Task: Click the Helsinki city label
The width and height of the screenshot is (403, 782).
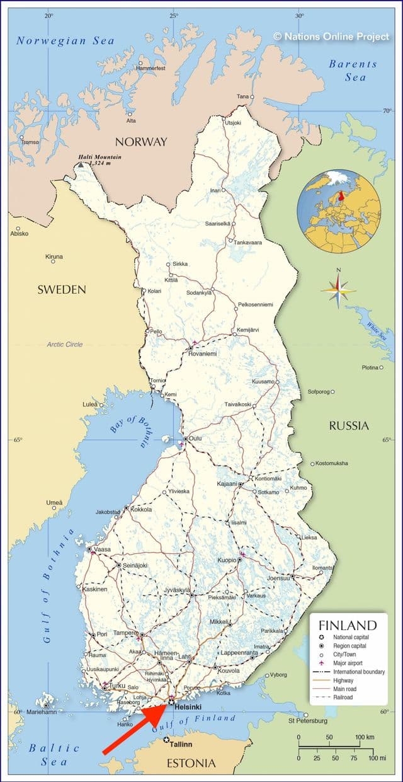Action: click(189, 708)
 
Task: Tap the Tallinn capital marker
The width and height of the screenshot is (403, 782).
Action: click(166, 740)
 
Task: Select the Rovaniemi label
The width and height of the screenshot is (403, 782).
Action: click(203, 354)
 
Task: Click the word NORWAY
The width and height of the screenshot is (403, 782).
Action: click(140, 141)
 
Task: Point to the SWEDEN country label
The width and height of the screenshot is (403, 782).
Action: click(61, 289)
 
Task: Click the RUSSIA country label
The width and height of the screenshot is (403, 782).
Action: click(349, 426)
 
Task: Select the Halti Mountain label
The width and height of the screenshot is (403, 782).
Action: click(100, 157)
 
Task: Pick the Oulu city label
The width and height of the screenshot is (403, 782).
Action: click(195, 439)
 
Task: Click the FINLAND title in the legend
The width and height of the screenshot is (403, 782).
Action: click(348, 626)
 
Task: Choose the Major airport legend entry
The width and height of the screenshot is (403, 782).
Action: click(356, 663)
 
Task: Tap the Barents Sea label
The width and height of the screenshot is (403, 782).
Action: click(353, 70)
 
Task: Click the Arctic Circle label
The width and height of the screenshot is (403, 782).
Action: click(64, 345)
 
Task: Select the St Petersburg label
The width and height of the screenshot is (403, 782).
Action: click(307, 720)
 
